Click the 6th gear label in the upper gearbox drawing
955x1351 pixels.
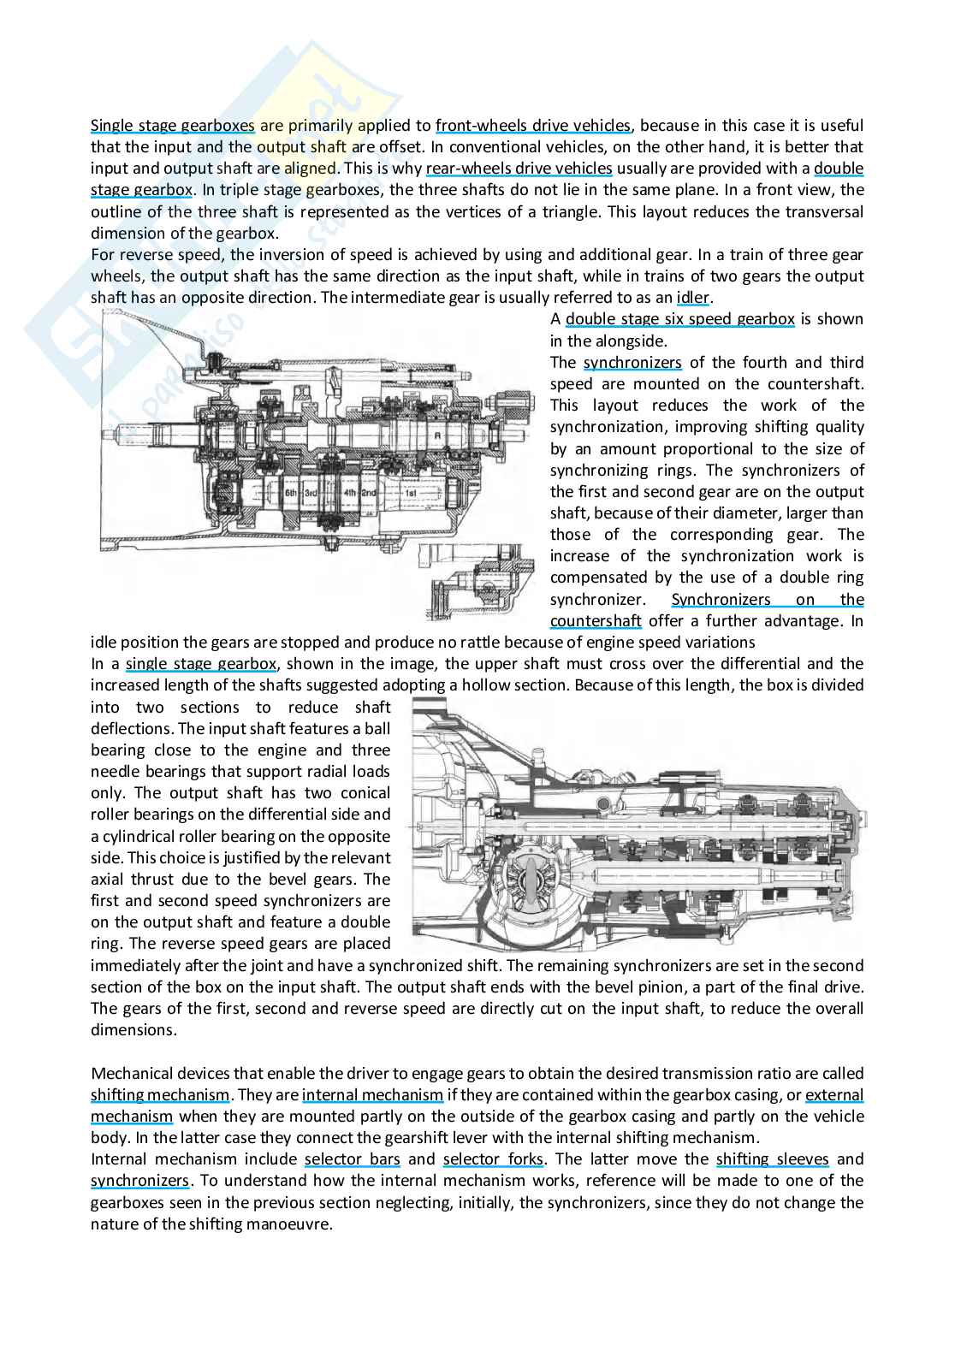tap(291, 494)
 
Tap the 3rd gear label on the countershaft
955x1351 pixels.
tap(311, 494)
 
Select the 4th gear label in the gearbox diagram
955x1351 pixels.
tap(349, 494)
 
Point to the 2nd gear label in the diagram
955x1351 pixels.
tap(370, 494)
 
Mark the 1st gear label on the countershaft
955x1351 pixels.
tap(411, 494)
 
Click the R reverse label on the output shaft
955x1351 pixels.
tap(437, 435)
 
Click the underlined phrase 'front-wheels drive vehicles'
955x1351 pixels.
tap(532, 126)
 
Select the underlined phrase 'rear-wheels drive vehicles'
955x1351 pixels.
tap(519, 169)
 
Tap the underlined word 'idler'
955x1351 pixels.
tap(693, 298)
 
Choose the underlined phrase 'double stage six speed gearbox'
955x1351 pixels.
tap(679, 319)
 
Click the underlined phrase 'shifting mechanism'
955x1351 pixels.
tap(160, 1095)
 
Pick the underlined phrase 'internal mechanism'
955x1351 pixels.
tap(372, 1095)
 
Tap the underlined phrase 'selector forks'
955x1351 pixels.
tap(493, 1159)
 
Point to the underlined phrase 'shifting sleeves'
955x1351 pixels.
tap(772, 1159)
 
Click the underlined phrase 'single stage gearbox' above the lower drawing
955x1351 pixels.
tap(200, 664)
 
